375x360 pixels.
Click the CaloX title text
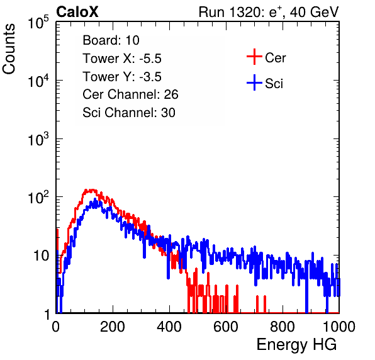(77, 12)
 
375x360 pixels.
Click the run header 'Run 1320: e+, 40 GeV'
(269, 12)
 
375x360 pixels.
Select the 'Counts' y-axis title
(9, 49)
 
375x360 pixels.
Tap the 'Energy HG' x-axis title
(296, 345)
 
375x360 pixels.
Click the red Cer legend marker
(254, 57)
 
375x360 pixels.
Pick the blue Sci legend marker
(254, 83)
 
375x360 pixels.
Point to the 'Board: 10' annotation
(111, 40)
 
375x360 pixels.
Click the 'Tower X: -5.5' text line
(122, 59)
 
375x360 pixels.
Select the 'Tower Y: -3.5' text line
(122, 77)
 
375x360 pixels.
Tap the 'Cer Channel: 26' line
(130, 94)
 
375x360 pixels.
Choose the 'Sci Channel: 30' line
(129, 113)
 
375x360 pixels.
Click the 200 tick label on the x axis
(113, 327)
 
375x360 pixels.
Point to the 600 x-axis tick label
(226, 327)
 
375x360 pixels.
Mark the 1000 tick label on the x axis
(339, 327)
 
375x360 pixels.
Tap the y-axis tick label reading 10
(42, 256)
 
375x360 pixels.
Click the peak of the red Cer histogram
(92, 190)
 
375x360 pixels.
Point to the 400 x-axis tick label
(169, 327)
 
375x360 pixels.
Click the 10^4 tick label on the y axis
(38, 81)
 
